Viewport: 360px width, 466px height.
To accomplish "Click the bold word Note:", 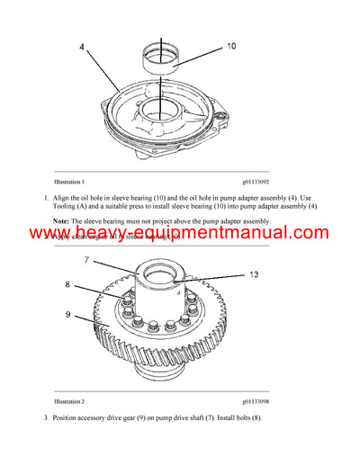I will click(60, 220).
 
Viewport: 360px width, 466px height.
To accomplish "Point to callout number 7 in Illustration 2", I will click(88, 259).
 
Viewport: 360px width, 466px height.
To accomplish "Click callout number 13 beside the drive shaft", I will click(254, 274).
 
